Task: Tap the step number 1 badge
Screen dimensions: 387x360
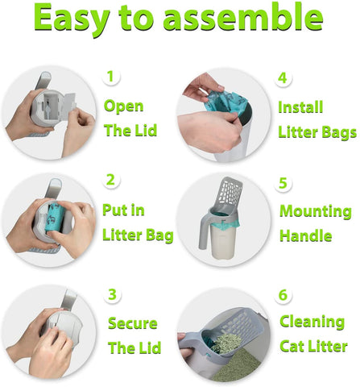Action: coord(113,77)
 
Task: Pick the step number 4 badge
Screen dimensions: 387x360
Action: coord(282,78)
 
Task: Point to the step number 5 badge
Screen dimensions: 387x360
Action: coord(283,183)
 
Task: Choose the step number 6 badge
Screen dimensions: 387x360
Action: coord(283,295)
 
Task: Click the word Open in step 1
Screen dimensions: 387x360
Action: coord(124,106)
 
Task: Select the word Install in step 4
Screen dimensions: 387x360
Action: coord(300,107)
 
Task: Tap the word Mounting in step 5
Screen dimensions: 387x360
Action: coord(315,212)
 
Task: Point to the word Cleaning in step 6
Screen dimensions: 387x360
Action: coord(312,322)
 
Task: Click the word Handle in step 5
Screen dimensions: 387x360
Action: coord(305,236)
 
